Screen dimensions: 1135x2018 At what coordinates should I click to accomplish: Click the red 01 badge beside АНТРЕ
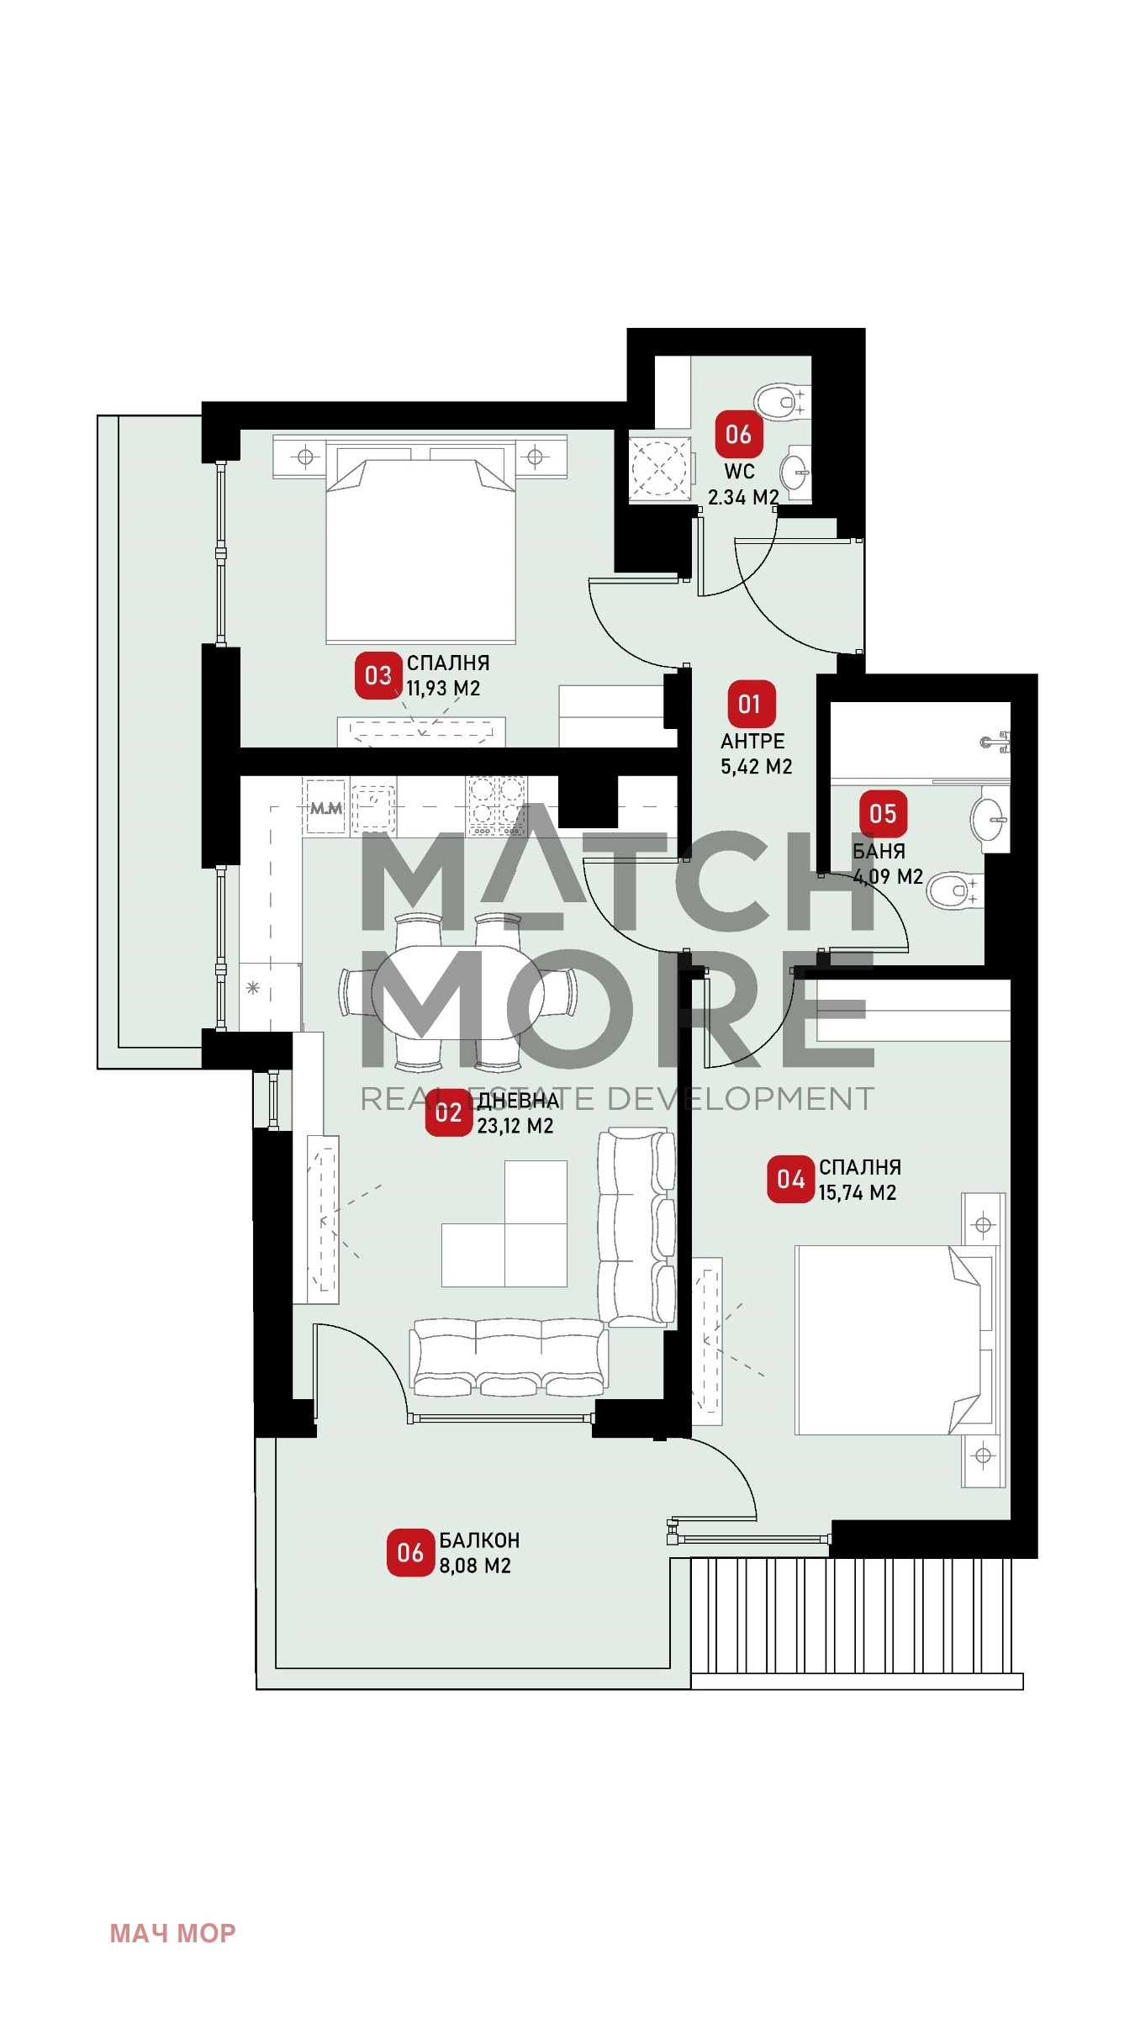pyautogui.click(x=749, y=704)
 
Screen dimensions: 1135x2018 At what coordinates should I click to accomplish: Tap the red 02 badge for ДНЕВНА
pyautogui.click(x=448, y=1112)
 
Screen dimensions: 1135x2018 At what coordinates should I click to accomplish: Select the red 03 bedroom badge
pyautogui.click(x=378, y=675)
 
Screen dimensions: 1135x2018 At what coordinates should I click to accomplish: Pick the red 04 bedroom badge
pyautogui.click(x=790, y=1179)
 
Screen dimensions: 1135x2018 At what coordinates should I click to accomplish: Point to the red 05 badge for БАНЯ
pyautogui.click(x=883, y=813)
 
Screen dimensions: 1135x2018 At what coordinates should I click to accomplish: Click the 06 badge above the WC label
pyautogui.click(x=738, y=434)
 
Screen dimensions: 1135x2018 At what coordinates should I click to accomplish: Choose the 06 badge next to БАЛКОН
pyautogui.click(x=410, y=1552)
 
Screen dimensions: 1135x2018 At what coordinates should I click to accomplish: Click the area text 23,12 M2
pyautogui.click(x=515, y=1126)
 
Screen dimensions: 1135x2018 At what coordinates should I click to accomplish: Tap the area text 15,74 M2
pyautogui.click(x=858, y=1192)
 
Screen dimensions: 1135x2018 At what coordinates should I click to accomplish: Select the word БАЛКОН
pyautogui.click(x=479, y=1540)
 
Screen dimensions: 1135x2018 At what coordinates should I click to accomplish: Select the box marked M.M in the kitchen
pyautogui.click(x=325, y=807)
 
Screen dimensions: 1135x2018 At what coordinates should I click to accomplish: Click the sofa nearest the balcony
pyautogui.click(x=509, y=1357)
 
